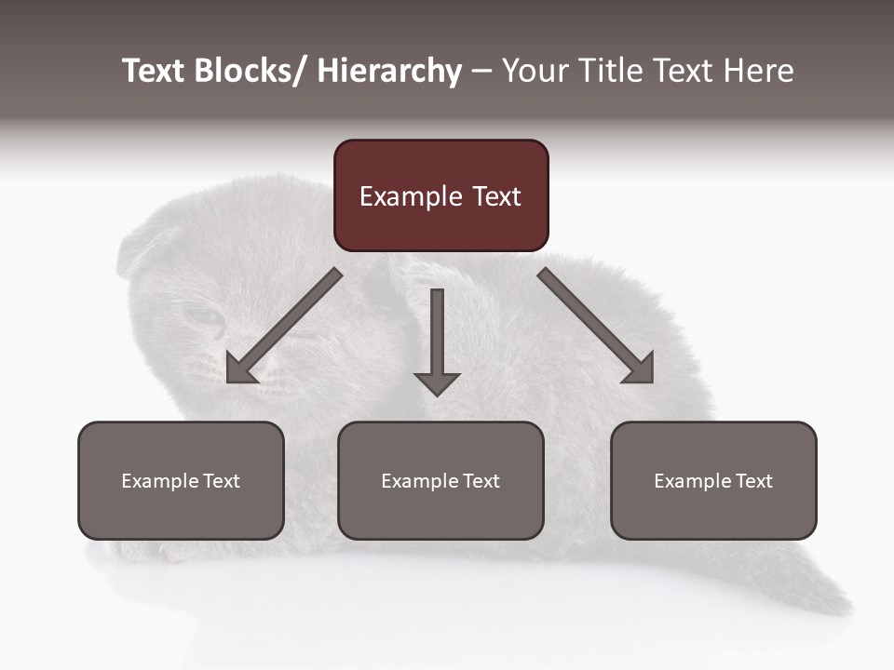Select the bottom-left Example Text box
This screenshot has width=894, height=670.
pyautogui.click(x=181, y=481)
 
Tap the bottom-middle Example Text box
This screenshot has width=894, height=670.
pyautogui.click(x=440, y=481)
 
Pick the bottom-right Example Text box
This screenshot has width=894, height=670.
pyautogui.click(x=713, y=481)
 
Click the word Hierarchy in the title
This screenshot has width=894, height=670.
pyautogui.click(x=389, y=71)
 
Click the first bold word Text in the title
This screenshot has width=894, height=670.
pyautogui.click(x=155, y=71)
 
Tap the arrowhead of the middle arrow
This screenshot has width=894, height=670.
pyautogui.click(x=437, y=383)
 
